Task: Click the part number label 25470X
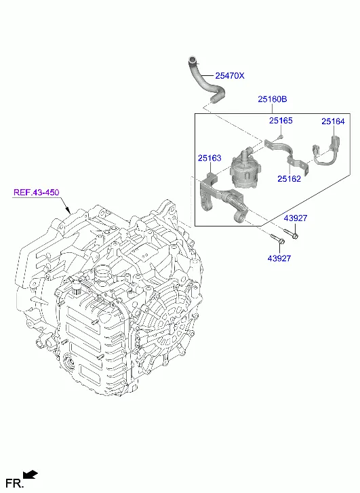pyautogui.click(x=230, y=76)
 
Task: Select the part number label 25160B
pyautogui.click(x=273, y=99)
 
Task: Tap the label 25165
pyautogui.click(x=281, y=121)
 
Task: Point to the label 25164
pyautogui.click(x=333, y=121)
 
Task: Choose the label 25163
pyautogui.click(x=209, y=158)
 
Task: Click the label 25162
pyautogui.click(x=289, y=178)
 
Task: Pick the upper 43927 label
pyautogui.click(x=296, y=218)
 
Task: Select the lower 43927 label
pyautogui.click(x=279, y=258)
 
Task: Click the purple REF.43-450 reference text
pyautogui.click(x=37, y=192)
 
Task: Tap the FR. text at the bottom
pyautogui.click(x=15, y=483)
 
